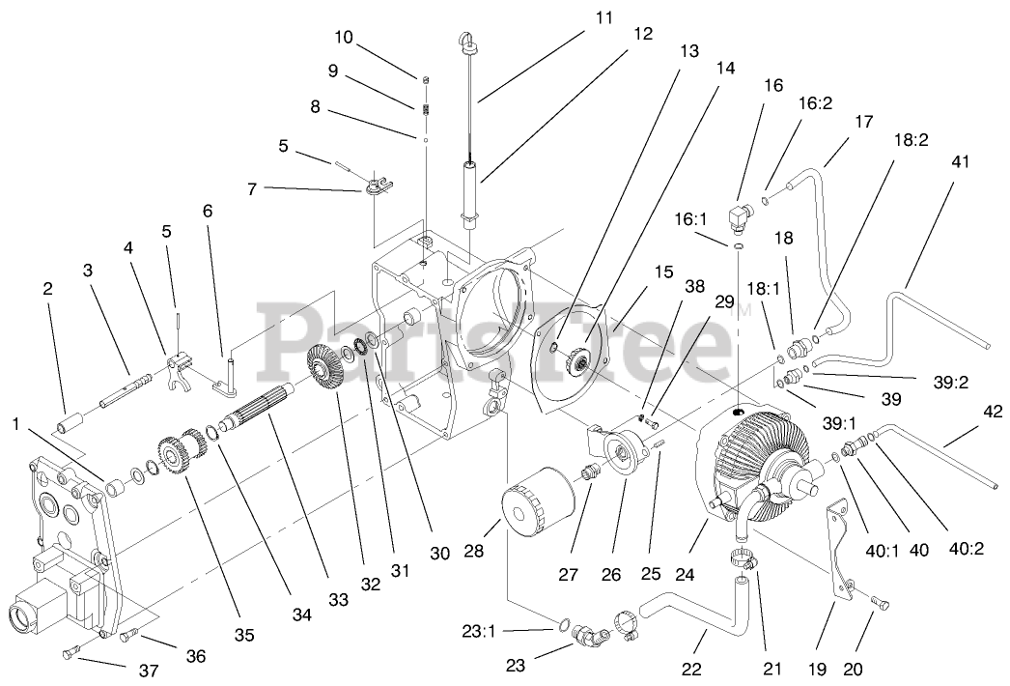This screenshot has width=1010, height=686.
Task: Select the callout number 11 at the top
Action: pos(603,17)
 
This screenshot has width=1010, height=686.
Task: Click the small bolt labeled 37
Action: pos(68,655)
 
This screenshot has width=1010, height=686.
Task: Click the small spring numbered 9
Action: pos(424,107)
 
